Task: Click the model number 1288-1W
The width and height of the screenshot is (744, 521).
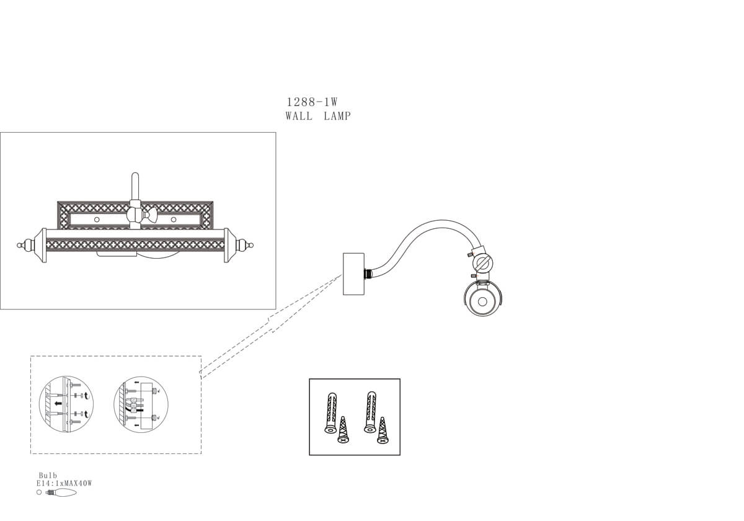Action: (x=311, y=102)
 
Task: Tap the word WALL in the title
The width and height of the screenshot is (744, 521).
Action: (x=299, y=116)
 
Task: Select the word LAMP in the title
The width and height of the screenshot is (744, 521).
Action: (x=337, y=116)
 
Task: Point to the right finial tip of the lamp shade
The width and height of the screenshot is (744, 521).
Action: (x=252, y=245)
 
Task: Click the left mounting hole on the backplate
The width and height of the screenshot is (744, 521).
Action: (x=97, y=220)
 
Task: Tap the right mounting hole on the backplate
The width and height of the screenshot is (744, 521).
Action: (x=173, y=220)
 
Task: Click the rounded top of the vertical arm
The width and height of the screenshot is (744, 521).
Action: (x=135, y=177)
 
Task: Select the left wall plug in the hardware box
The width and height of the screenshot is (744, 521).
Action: (x=332, y=412)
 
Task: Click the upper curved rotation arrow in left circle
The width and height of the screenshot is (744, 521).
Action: (x=86, y=394)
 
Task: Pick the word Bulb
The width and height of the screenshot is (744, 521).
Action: (x=48, y=476)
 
